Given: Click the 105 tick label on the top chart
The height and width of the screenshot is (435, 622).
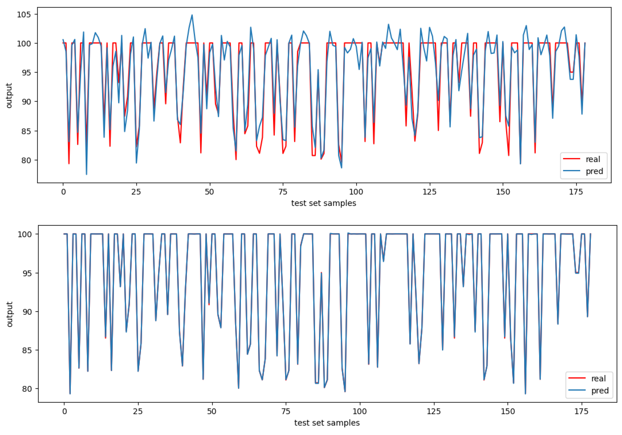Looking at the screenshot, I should pyautogui.click(x=24, y=14).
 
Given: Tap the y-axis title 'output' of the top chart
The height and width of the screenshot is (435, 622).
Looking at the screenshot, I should pyautogui.click(x=9, y=95).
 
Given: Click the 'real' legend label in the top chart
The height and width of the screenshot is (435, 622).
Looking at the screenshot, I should pyautogui.click(x=593, y=159).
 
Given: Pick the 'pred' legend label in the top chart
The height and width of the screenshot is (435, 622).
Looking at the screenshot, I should pyautogui.click(x=594, y=171).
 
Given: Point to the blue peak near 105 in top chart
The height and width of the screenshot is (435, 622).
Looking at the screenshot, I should pyautogui.click(x=192, y=15).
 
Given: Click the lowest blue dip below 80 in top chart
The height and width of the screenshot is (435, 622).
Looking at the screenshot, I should pyautogui.click(x=87, y=174).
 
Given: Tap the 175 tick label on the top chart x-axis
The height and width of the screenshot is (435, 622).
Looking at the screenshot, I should pyautogui.click(x=576, y=192).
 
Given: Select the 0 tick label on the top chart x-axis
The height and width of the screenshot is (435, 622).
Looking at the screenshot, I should pyautogui.click(x=63, y=192).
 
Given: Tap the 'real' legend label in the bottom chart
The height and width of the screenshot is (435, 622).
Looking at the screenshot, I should pyautogui.click(x=598, y=378).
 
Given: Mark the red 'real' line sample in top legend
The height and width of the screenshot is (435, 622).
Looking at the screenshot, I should pyautogui.click(x=572, y=159).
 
